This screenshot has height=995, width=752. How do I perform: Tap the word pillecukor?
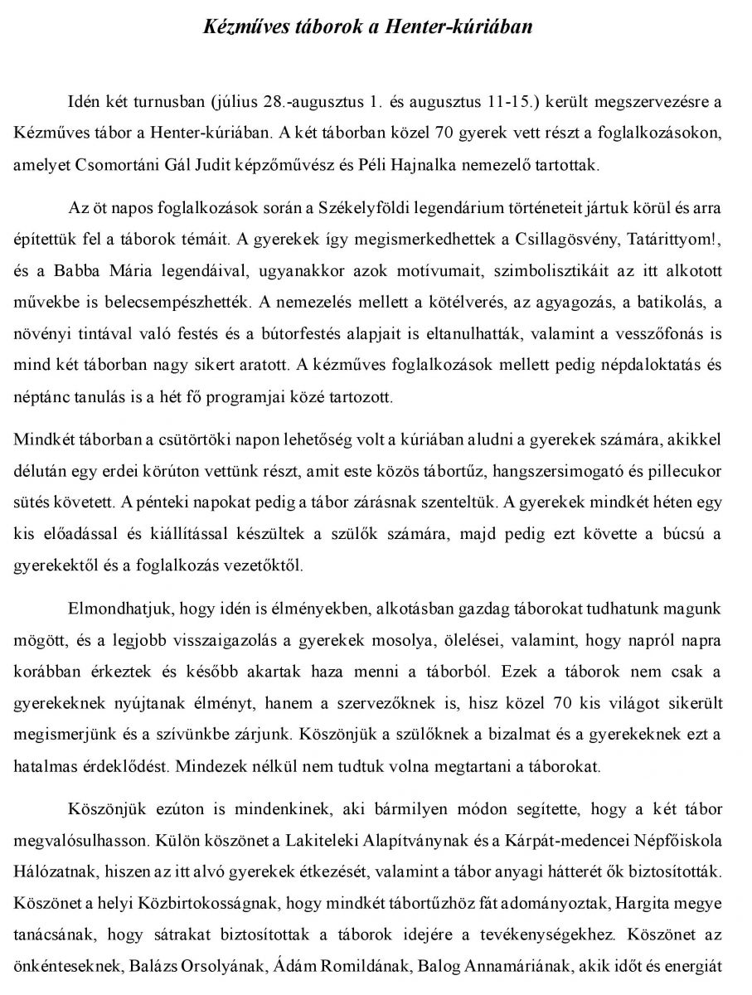click(679, 471)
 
